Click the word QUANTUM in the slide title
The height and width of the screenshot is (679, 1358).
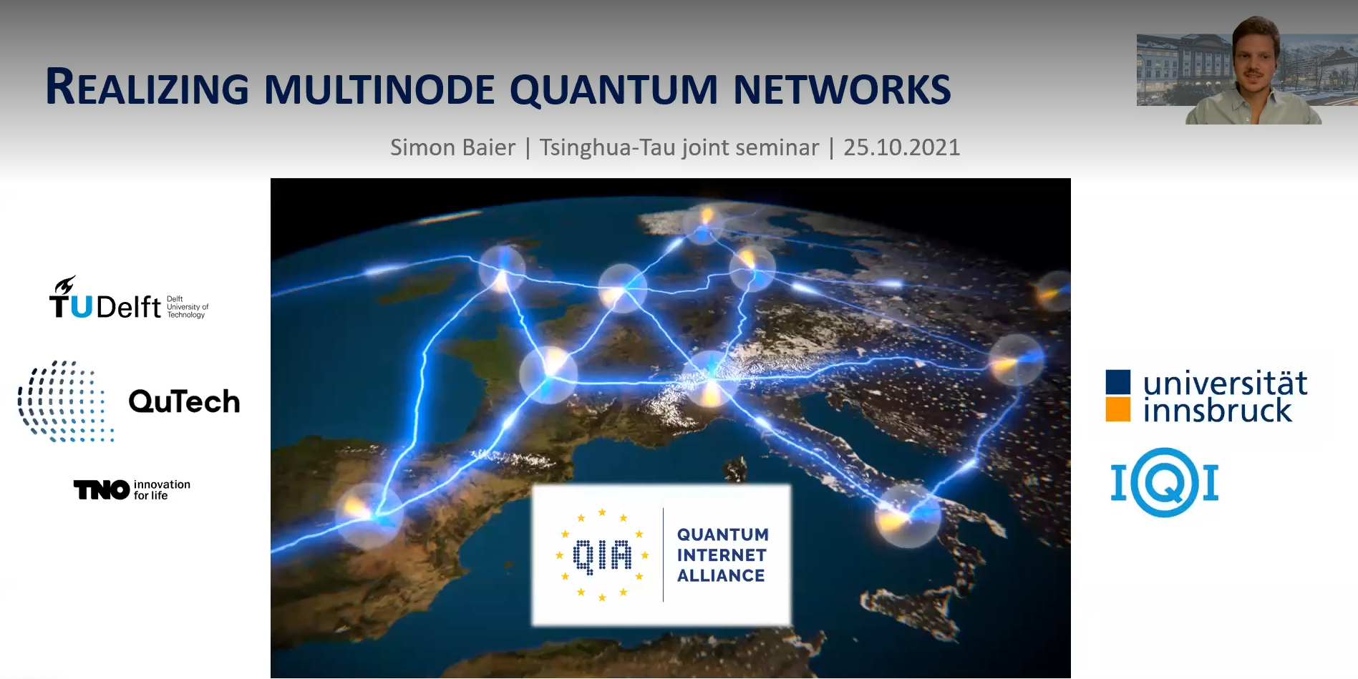pos(613,90)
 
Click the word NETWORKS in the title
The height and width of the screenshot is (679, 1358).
pos(842,90)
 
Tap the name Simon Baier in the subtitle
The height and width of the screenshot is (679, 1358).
pos(452,147)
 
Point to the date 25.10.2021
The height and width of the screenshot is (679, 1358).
pos(901,147)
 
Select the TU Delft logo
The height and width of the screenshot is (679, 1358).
pos(127,299)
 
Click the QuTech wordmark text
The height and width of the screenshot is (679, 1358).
pos(184,402)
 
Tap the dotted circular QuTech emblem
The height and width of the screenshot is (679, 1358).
pos(64,401)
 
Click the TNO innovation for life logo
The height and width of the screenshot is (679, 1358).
pos(132,490)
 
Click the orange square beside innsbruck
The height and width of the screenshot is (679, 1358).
pos(1117,410)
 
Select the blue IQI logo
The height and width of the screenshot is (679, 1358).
pos(1165,483)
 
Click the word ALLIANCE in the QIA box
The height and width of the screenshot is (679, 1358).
pos(721,576)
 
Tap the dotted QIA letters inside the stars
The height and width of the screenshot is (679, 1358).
pos(602,556)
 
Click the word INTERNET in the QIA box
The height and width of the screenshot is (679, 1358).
pos(721,555)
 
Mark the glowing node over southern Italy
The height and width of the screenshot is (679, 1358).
pos(907,514)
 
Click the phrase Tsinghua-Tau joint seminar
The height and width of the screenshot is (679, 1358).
pos(679,147)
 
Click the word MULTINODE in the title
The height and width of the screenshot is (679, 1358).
pos(379,90)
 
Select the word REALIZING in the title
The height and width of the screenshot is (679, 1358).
pos(147,89)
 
